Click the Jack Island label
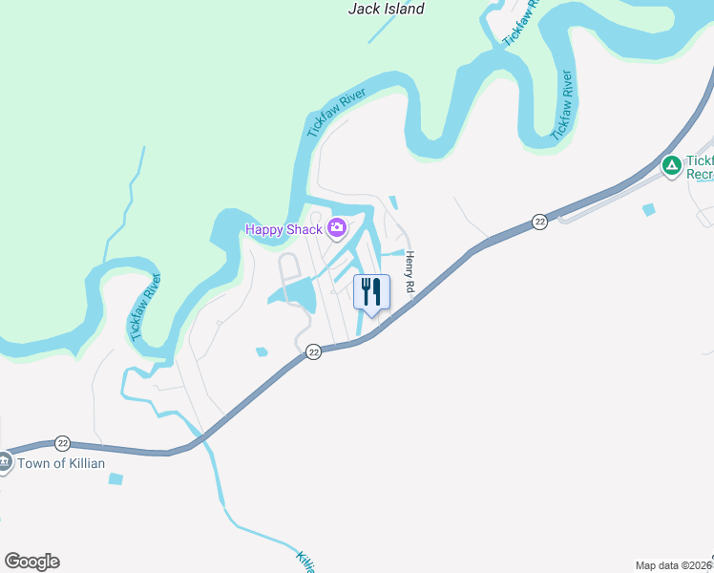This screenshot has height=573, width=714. click(387, 9)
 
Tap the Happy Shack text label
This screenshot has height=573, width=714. click(283, 228)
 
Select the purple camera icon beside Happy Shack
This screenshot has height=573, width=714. click(336, 228)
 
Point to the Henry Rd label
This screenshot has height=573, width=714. click(410, 271)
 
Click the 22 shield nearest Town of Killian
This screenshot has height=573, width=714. click(62, 443)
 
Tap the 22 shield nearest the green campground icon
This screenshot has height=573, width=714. click(539, 222)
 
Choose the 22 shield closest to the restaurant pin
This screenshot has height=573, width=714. click(313, 352)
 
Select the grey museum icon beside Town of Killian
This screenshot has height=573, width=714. click(4, 463)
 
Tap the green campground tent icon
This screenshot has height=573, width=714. click(672, 166)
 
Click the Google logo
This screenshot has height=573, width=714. click(31, 562)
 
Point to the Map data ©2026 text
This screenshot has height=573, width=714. click(674, 564)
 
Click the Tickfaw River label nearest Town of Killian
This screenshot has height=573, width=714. click(146, 308)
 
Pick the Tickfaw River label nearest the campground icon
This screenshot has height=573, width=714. click(564, 101)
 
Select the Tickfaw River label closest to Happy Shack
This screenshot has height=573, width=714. click(336, 111)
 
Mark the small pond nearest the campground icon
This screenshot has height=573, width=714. click(650, 209)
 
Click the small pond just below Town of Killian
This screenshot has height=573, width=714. click(115, 478)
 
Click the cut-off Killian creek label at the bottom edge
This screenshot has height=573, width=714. click(305, 561)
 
